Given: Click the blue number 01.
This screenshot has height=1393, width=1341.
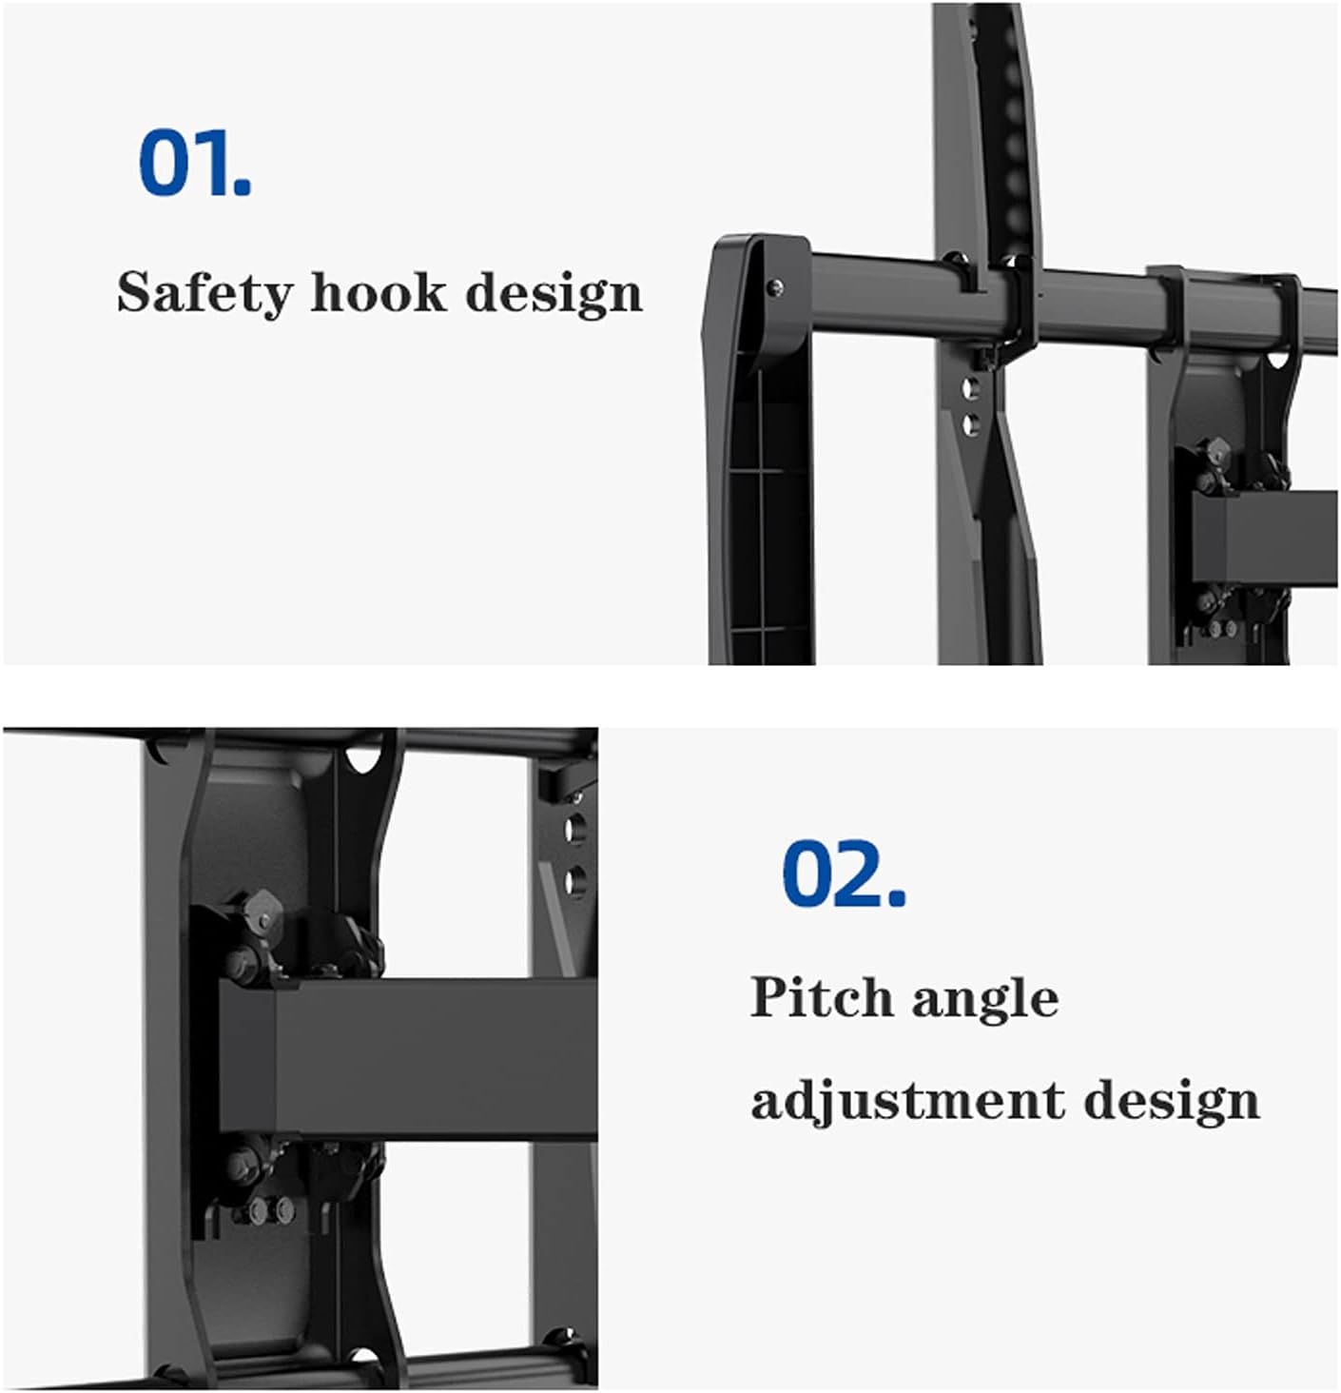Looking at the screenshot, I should [x=195, y=164].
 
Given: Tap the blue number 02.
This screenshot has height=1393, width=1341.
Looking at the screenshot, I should [x=843, y=873].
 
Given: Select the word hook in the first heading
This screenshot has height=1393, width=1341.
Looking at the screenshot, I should [x=378, y=291].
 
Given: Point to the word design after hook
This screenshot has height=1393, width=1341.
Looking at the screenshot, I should [x=554, y=293].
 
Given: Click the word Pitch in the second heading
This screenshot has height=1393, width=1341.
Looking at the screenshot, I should [x=821, y=998].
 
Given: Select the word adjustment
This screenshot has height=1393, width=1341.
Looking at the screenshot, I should [x=907, y=1101].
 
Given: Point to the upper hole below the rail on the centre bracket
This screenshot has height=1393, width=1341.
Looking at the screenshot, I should [x=970, y=387].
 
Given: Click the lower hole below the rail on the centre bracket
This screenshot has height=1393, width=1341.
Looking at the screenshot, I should [x=970, y=423].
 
